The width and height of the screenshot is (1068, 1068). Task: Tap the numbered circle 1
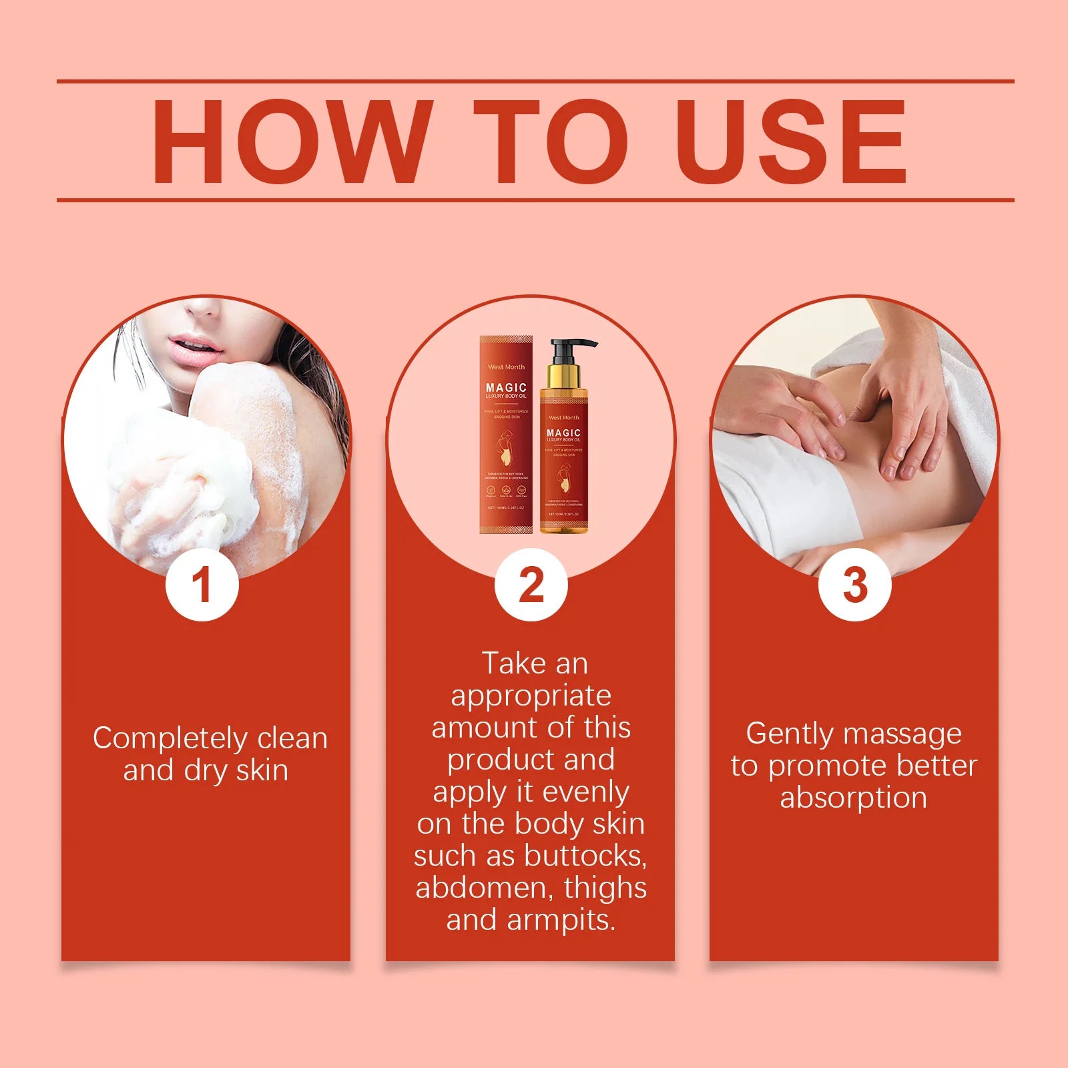coord(202,585)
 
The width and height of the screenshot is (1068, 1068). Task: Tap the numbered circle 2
coord(531,585)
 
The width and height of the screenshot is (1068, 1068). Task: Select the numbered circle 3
coord(854,585)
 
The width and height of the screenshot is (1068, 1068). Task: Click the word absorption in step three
coord(854,798)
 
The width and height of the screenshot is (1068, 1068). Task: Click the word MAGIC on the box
coord(506,387)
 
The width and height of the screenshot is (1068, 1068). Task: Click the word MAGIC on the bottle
coord(563,433)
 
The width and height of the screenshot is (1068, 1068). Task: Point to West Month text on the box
coord(506,367)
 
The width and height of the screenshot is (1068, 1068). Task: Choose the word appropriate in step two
coord(531,696)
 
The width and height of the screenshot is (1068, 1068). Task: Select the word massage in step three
coord(907,734)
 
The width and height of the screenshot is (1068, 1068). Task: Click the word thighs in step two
coord(605,888)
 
